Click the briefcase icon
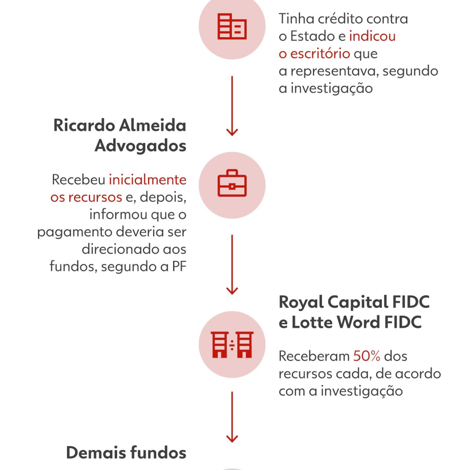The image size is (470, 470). tap(232, 183)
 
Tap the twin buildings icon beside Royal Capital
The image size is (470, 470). tap(232, 345)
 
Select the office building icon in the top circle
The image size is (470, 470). tap(232, 26)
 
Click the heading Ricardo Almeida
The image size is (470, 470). tap(120, 125)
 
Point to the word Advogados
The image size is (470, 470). tap(141, 146)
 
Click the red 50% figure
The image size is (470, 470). tap(367, 356)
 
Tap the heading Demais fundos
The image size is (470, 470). tap(126, 452)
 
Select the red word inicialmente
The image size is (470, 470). tap(148, 179)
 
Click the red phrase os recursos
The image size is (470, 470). tap(86, 197)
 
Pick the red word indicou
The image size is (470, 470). tap(372, 36)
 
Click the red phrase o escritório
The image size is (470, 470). tap(314, 53)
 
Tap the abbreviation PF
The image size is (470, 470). tap(179, 266)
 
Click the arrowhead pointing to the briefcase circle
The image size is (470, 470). tap(232, 132)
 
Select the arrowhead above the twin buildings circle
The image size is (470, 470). tap(232, 291)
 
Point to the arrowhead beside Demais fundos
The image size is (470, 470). tap(232, 439)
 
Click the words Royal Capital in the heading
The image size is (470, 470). tap(333, 303)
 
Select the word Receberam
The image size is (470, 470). tap(314, 356)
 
